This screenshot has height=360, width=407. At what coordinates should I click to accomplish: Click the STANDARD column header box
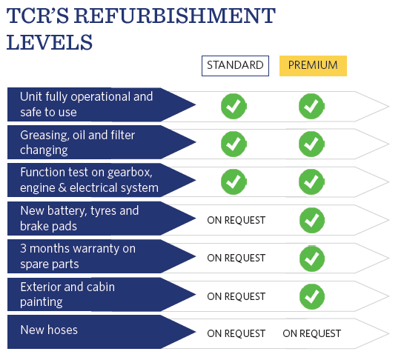pos(235,66)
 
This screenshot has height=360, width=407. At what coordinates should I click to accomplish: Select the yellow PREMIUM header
pos(313,66)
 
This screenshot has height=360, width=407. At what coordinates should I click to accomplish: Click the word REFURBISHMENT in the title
pos(175,16)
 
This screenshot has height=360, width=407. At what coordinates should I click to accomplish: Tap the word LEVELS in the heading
pos(50,42)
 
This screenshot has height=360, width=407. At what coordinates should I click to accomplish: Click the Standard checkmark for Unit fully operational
pos(234,106)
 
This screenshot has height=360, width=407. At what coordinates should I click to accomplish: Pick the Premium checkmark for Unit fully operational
pos(311,106)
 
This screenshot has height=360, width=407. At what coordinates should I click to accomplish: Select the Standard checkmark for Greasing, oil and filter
pos(234,144)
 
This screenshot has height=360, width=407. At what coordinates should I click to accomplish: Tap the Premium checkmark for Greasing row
pos(311,144)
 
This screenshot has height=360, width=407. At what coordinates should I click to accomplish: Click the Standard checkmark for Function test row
pos(234,181)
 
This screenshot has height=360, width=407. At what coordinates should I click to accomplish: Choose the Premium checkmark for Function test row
pos(311,181)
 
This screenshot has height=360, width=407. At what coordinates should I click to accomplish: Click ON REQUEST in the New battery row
pos(236,220)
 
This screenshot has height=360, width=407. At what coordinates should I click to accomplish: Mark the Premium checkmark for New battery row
pos(312,220)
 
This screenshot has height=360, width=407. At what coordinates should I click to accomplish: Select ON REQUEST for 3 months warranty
pos(236,258)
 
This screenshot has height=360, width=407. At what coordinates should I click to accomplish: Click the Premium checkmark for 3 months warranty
pos(312,259)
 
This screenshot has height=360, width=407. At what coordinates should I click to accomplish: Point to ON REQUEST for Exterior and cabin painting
pos(236,296)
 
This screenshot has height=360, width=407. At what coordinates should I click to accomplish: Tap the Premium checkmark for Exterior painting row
pos(312,296)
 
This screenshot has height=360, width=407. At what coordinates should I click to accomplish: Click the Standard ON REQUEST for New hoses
pos(236,333)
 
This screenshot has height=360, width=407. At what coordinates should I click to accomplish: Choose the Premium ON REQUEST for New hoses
pos(312,333)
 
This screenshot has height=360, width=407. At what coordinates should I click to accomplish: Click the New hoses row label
pos(49,330)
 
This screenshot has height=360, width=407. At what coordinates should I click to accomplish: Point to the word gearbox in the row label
pos(130,173)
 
